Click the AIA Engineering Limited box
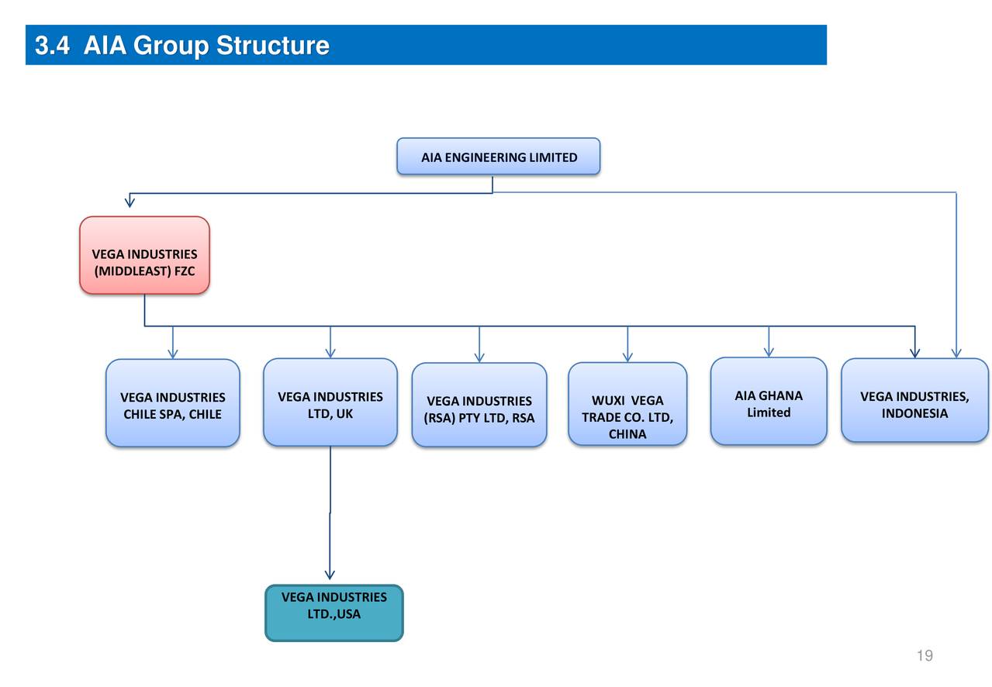(498, 157)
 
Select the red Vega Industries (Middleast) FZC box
(144, 255)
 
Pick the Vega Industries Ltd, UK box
(330, 402)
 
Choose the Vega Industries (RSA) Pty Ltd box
(479, 406)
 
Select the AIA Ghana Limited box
(769, 402)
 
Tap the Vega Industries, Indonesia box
(914, 401)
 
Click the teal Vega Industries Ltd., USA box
(334, 613)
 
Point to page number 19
(924, 656)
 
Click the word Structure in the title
(272, 46)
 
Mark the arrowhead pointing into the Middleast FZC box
(130, 202)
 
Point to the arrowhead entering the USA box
(330, 575)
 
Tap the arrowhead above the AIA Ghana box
(769, 352)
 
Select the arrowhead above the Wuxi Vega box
(627, 357)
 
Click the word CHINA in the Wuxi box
(627, 434)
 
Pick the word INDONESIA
(914, 413)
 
